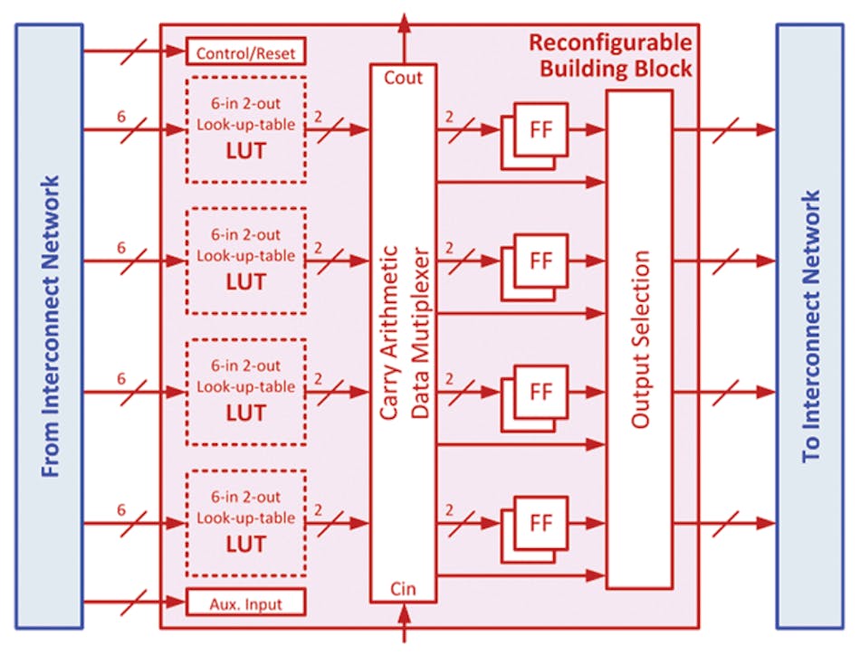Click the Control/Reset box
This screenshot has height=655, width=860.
pyautogui.click(x=245, y=52)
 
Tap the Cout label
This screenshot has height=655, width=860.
pyautogui.click(x=403, y=78)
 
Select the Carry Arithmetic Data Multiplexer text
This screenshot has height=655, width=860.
pyautogui.click(x=403, y=335)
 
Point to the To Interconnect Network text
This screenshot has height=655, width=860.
pyautogui.click(x=812, y=326)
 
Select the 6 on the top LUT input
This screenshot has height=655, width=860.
pyautogui.click(x=120, y=117)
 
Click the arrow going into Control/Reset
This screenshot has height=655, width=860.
pyautogui.click(x=136, y=52)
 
